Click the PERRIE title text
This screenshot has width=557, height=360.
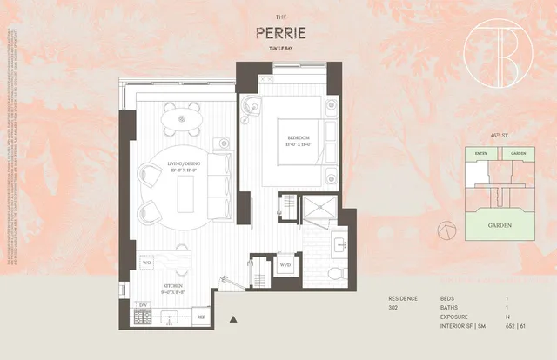tap(279, 33)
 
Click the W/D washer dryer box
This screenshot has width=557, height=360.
tap(285, 268)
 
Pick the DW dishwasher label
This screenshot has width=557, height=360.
tap(143, 304)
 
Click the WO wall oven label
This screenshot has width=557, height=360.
tap(147, 261)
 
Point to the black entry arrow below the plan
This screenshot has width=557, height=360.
tap(232, 321)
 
